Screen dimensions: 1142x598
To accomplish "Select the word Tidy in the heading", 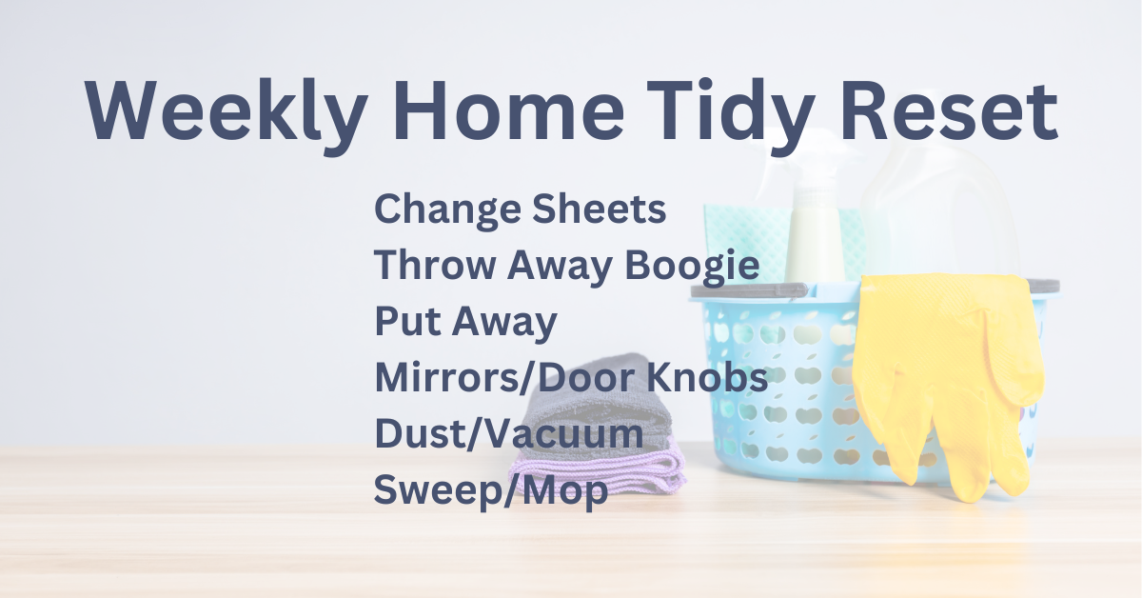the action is coord(731,116).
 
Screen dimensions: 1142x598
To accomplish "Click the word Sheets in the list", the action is coord(600,209).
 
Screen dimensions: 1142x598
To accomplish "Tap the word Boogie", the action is coord(692,267).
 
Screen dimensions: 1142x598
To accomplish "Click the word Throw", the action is coord(435,265).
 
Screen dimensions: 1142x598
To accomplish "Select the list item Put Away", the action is coord(466,323).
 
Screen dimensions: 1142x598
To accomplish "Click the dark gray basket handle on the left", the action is coord(750,290).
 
